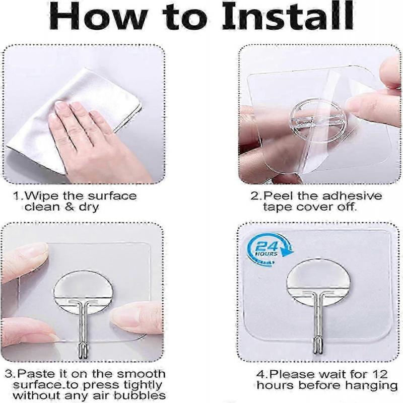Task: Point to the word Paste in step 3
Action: tap(39, 374)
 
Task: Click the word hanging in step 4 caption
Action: tap(373, 385)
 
